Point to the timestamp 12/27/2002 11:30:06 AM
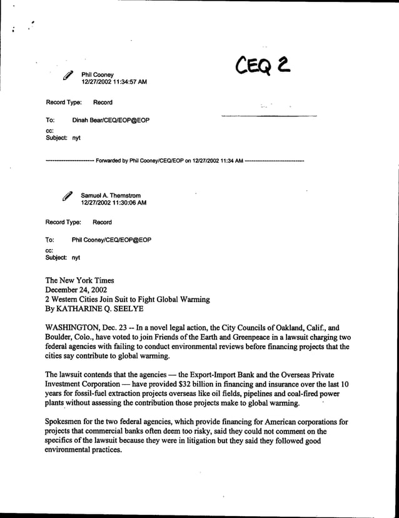tap(114, 203)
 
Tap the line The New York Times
tap(79, 281)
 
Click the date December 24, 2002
tap(76, 290)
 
